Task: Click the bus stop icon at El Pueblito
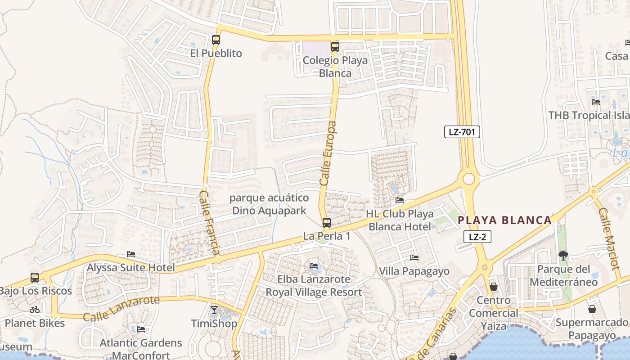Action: point(216,40)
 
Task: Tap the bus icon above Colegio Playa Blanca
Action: point(335,46)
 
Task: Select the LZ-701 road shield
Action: point(462,132)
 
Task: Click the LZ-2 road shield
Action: point(477,237)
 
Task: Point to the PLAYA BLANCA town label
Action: point(504,220)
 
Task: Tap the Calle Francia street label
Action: point(210,223)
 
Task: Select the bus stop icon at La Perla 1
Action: point(327,222)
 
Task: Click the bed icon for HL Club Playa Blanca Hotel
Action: point(399,200)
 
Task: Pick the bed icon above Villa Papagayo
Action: point(414,258)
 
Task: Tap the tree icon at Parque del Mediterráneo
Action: point(563,256)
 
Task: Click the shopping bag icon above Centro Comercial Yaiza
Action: point(494,287)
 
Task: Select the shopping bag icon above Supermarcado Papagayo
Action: point(592,309)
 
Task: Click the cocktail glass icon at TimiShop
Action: point(214,310)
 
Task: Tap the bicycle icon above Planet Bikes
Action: point(35,310)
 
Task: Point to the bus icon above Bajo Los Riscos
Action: point(35,277)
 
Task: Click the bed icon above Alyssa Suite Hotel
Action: point(131,254)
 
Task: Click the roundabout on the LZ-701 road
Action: point(468,179)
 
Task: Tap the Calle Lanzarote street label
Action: point(121,308)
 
